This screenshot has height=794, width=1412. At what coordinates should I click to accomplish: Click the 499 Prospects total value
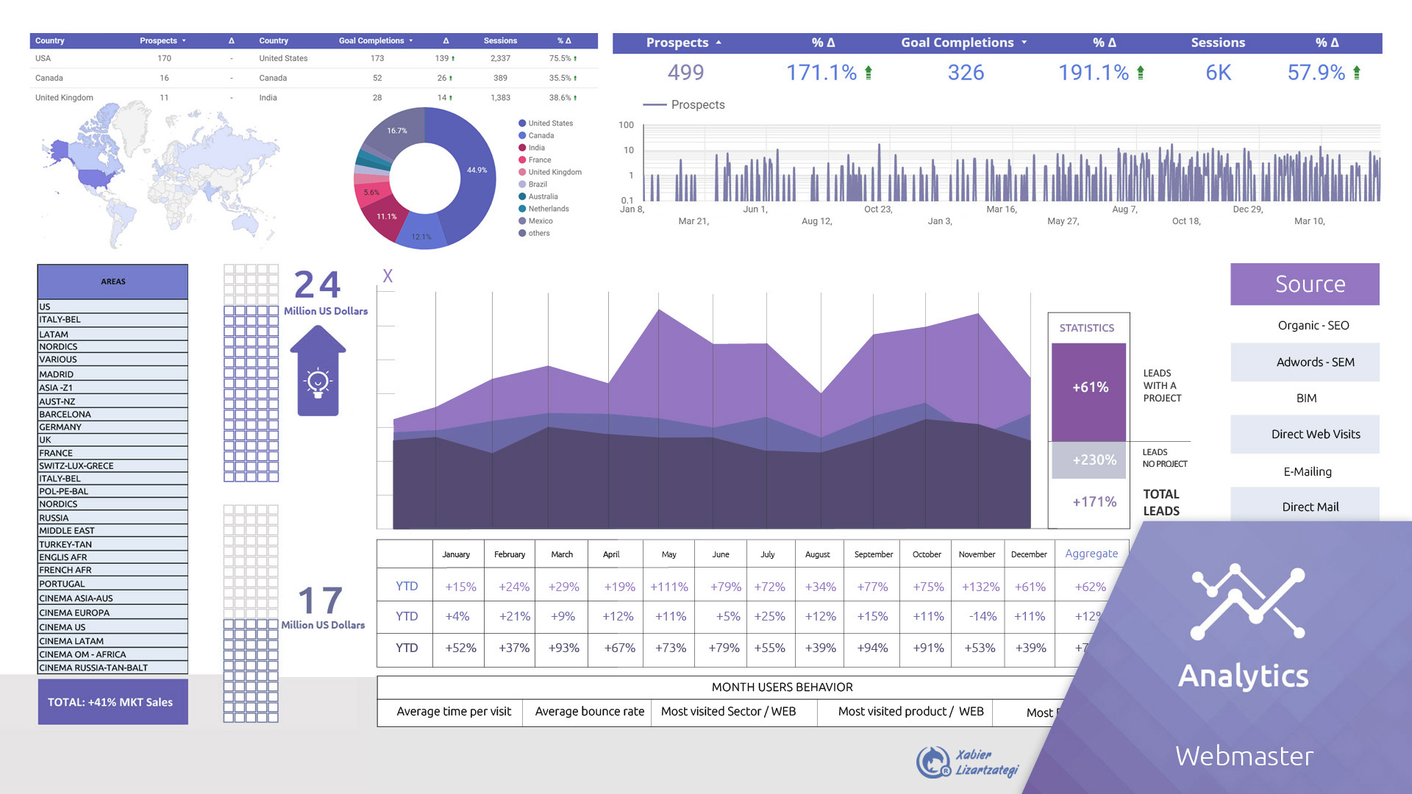685,73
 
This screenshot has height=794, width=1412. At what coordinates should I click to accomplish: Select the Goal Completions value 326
966,73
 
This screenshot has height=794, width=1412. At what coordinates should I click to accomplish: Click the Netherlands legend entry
548,209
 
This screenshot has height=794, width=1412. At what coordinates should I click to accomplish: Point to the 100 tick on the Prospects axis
626,125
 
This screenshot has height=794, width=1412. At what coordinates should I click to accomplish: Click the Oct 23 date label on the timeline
877,210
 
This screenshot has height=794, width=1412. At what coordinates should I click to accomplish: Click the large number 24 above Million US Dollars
317,285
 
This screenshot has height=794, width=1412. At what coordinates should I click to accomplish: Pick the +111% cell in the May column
669,587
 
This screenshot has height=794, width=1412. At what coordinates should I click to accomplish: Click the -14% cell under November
983,617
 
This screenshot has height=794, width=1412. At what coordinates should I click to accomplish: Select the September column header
873,554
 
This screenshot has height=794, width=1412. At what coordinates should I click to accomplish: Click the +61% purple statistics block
1089,387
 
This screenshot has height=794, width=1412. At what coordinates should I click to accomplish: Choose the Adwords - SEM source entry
1305,362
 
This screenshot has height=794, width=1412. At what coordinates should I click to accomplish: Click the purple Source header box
1305,284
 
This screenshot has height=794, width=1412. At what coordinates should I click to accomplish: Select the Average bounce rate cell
589,712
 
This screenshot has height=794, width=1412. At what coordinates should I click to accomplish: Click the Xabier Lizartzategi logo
967,762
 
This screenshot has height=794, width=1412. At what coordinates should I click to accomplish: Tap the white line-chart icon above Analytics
1247,602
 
